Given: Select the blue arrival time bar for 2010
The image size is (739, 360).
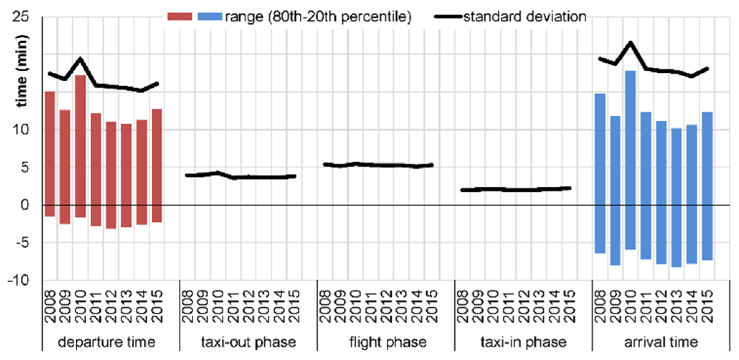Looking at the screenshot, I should click(630, 160).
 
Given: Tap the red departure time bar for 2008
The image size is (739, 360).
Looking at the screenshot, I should click(50, 154).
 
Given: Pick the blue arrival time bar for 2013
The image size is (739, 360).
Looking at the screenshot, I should click(676, 197).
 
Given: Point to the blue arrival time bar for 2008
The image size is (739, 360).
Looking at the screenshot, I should click(600, 173).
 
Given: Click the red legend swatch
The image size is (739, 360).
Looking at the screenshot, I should click(180, 16).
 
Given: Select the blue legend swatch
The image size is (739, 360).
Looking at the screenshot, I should click(210, 16).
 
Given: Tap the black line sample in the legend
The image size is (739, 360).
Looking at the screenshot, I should click(448, 16).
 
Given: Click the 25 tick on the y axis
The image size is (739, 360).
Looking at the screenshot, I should click(20, 16).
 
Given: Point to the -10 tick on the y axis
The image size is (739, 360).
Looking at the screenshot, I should click(18, 280).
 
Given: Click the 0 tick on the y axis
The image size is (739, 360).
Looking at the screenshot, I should click(25, 205).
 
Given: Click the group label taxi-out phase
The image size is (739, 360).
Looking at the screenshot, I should click(248, 342).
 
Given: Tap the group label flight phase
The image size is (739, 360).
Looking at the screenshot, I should click(388, 342).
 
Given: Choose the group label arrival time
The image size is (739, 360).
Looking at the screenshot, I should click(661, 342).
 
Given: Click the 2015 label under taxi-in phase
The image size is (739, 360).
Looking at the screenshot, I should click(569, 306).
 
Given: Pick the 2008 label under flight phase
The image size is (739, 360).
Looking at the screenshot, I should click(325, 306).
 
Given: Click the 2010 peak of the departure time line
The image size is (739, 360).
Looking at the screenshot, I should click(80, 59).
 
